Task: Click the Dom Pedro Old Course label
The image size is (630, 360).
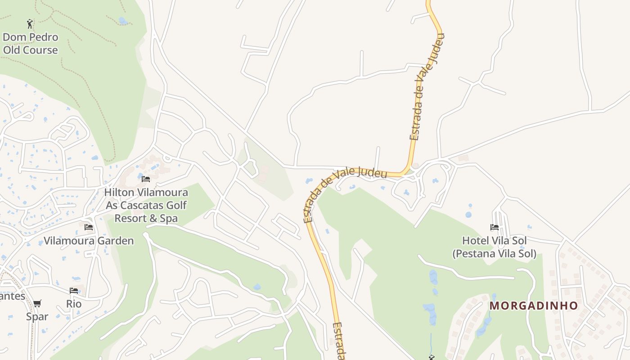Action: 31,44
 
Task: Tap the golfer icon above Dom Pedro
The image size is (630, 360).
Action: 30,23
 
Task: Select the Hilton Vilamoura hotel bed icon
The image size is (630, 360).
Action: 146,179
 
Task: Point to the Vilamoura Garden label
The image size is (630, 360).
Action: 89,241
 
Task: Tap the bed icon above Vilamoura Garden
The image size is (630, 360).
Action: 89,227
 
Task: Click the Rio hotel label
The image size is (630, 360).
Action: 74,304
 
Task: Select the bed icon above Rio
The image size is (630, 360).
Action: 74,291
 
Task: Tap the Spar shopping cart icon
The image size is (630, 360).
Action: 37,303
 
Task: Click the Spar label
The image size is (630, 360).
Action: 37,316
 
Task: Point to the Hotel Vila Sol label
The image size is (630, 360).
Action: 495,241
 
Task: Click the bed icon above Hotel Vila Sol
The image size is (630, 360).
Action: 495,227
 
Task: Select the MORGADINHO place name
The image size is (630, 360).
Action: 534,306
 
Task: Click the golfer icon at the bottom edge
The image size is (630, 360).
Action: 432,358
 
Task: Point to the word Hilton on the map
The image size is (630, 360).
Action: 119,193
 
